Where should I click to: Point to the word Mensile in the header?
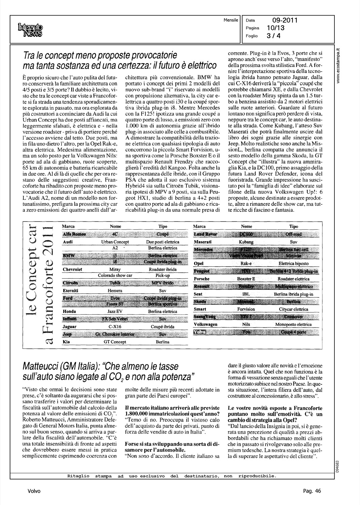click(231, 20)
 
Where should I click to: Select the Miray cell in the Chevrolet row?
click(115, 270)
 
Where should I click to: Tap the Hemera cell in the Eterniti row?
click(115, 291)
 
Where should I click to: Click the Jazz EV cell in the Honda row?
click(115, 312)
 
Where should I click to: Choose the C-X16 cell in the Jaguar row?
click(115, 327)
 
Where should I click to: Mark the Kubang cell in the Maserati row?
click(246, 242)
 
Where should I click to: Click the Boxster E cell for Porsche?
click(246, 279)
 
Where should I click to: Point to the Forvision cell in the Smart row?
click(246, 309)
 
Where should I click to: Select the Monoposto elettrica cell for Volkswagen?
click(293, 325)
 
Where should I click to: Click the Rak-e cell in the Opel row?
click(246, 264)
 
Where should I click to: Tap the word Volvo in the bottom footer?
click(34, 491)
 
